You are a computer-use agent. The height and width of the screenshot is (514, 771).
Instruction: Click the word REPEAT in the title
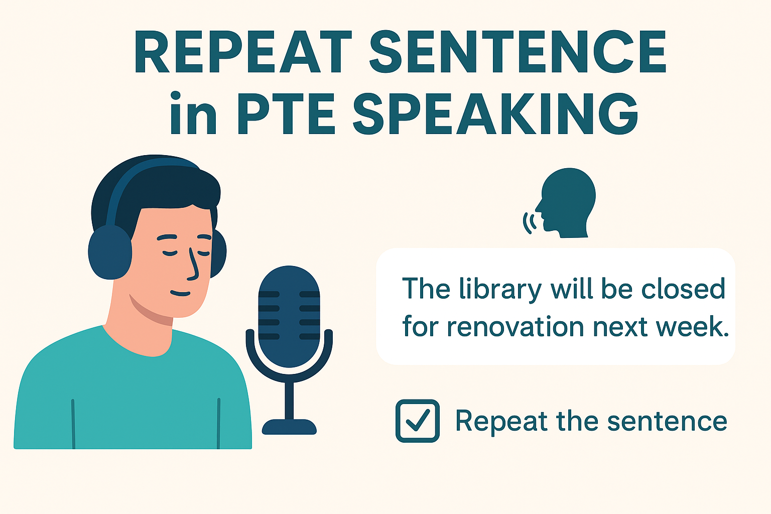tap(243, 52)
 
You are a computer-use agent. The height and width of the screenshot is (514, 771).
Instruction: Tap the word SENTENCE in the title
tap(518, 52)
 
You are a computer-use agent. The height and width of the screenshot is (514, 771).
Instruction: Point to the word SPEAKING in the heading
tap(495, 113)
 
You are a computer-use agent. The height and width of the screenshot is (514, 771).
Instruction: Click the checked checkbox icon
tap(418, 421)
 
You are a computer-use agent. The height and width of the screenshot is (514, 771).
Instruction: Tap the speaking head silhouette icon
tap(566, 203)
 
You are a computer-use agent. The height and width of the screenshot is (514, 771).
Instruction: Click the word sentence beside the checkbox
tap(667, 421)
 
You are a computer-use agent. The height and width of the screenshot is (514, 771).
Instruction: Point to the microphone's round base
tap(289, 427)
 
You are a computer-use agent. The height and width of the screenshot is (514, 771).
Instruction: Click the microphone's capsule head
tap(289, 317)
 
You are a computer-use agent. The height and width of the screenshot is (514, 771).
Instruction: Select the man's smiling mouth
tap(180, 293)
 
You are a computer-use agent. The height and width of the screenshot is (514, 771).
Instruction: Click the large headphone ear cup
tap(110, 252)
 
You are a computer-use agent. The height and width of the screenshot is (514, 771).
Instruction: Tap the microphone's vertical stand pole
tap(289, 401)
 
